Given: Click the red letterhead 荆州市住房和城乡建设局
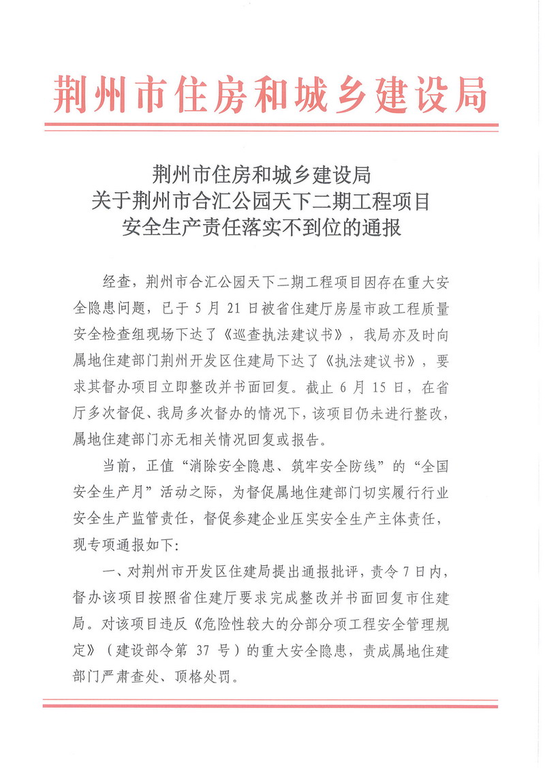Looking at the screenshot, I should [x=270, y=94].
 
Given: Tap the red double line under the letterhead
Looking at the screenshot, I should [x=270, y=127].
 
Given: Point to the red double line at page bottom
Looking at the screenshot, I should [x=270, y=703].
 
